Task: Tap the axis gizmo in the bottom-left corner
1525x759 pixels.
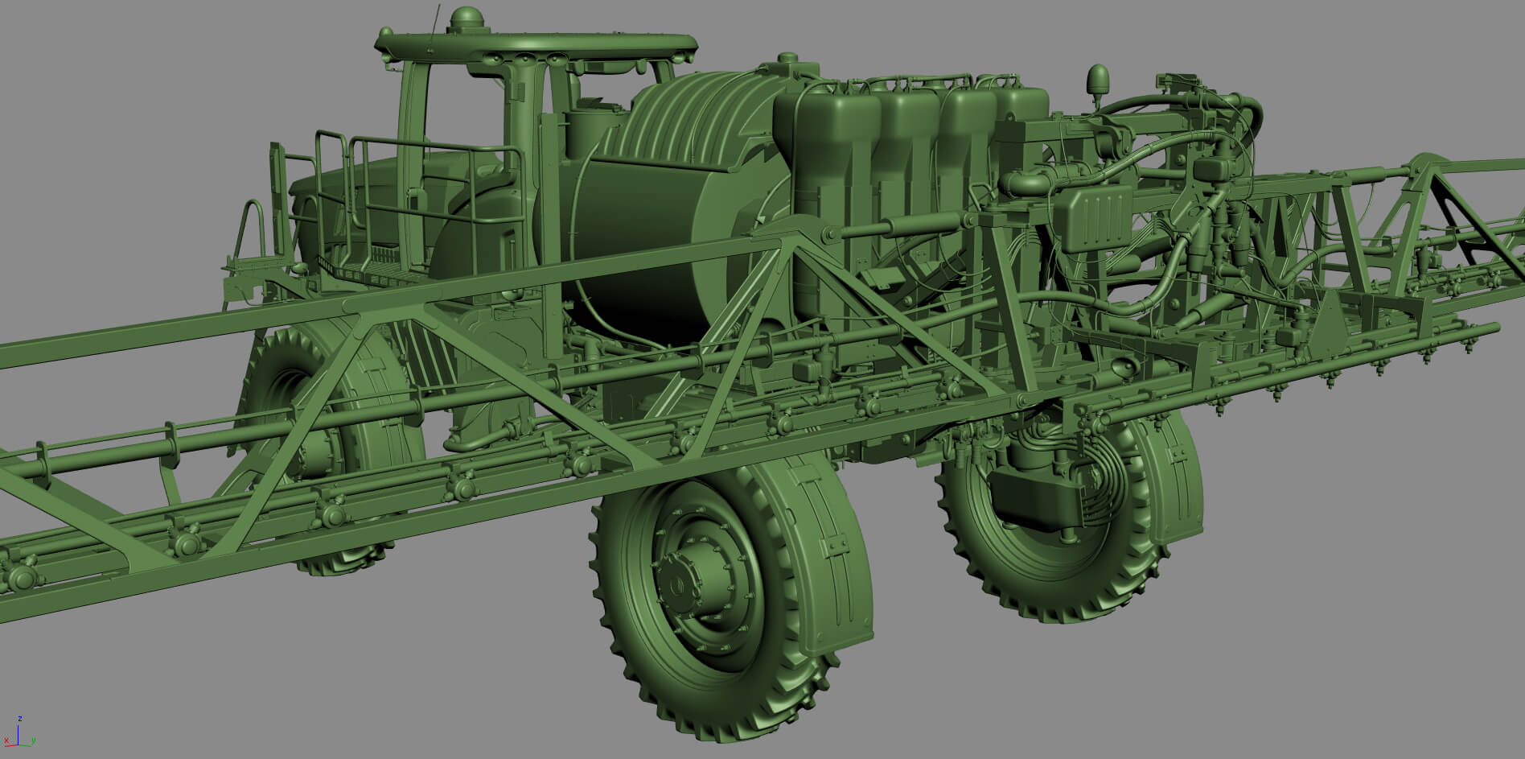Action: (x=18, y=736)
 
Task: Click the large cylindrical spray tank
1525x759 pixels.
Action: (x=643, y=217)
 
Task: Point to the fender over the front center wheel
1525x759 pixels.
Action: (x=812, y=547)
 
